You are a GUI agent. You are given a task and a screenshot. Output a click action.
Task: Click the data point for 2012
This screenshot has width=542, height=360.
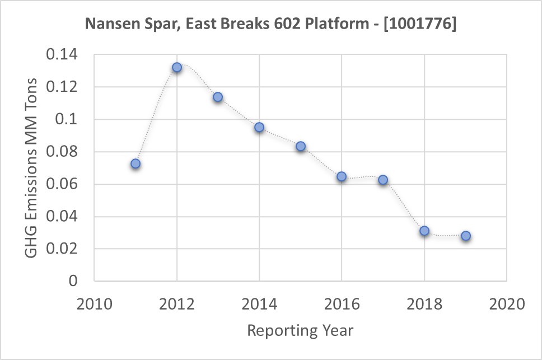point(177,67)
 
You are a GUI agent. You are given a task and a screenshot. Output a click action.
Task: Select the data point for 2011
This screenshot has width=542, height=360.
point(135,163)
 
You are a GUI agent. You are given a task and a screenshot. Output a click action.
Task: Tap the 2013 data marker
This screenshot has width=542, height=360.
point(218,97)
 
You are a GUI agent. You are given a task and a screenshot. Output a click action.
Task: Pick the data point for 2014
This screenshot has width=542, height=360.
point(259,127)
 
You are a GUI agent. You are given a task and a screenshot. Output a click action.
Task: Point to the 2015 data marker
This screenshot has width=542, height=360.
point(301,146)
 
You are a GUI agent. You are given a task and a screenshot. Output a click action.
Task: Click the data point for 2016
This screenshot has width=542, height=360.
point(342,176)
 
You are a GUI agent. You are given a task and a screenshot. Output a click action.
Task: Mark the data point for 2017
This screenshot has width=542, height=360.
point(383,180)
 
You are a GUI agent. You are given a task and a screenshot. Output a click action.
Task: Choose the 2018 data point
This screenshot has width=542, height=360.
point(424,231)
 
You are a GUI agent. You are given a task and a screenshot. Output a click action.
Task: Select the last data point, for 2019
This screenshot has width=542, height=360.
point(466,236)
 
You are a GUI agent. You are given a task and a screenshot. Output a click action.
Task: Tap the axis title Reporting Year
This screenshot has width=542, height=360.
point(300,330)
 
